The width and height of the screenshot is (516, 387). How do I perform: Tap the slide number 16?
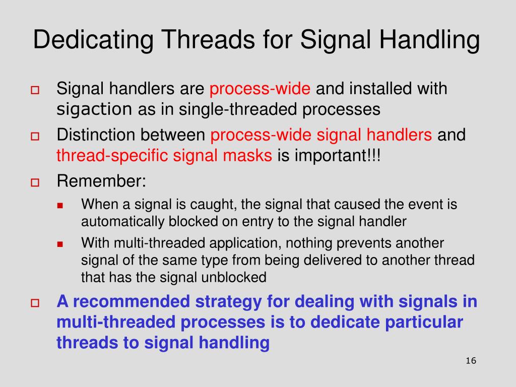point(471,361)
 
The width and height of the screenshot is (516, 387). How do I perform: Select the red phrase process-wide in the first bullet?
point(260,89)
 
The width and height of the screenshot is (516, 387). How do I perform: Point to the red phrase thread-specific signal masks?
point(164,156)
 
